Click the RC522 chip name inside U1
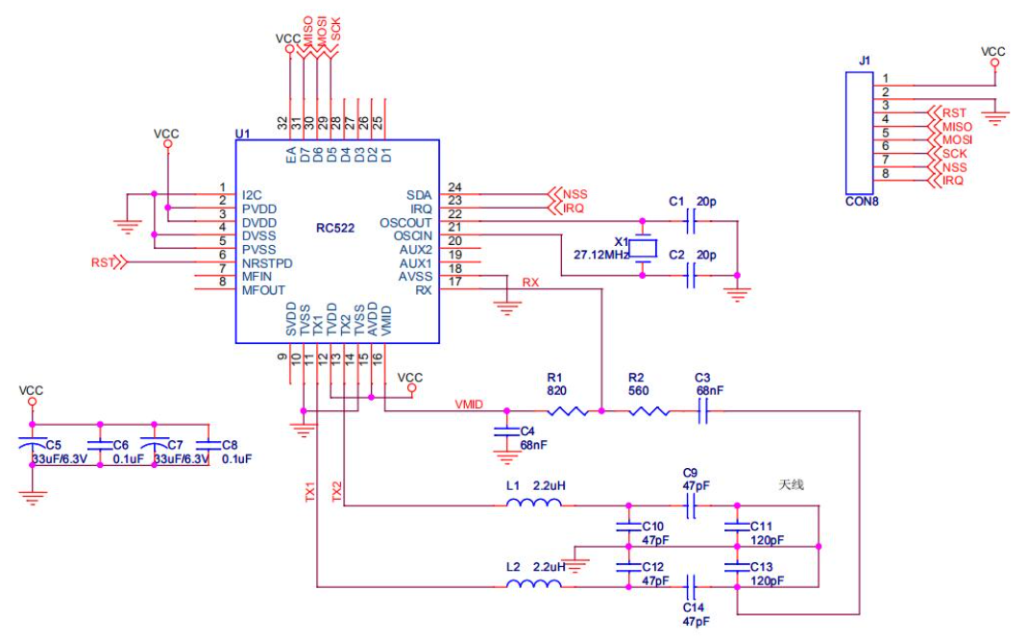pos(335,228)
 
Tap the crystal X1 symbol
pos(643,249)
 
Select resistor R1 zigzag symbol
pos(568,411)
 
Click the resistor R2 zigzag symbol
pos(649,411)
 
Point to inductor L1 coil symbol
pos(534,503)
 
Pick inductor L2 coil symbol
pos(534,583)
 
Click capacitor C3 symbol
pos(703,411)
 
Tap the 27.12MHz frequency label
pos(601,255)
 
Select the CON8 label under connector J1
pos(862,201)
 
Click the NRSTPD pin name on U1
pos(267,263)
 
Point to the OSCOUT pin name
pos(405,222)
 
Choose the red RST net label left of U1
pos(102,263)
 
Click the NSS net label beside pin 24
pos(575,195)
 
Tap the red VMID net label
pos(469,404)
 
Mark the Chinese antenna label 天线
pos(791,484)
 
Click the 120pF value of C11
pos(767,540)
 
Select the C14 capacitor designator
pos(693,608)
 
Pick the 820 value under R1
pos(556,391)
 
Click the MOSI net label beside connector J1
pos(957,139)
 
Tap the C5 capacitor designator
pos(53,445)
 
